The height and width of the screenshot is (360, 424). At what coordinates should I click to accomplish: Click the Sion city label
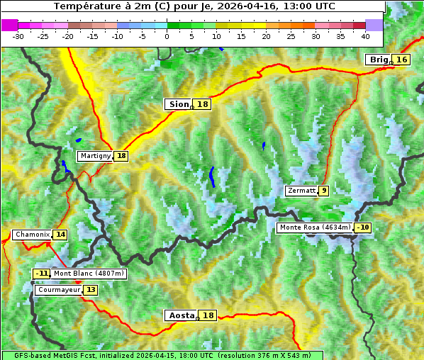pos(179,104)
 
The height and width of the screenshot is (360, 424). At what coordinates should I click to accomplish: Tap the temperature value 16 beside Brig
pos(402,60)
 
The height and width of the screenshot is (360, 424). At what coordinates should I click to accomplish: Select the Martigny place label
pos(96,156)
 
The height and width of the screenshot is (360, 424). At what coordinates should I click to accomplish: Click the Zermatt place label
pos(301,191)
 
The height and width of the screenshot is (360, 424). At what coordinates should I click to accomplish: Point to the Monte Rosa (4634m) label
pos(315,227)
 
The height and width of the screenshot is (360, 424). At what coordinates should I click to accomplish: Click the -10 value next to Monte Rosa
pos(363,227)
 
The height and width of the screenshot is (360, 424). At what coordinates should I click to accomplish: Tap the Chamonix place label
pos(32,235)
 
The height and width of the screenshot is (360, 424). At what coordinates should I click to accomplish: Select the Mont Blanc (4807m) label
pos(89,274)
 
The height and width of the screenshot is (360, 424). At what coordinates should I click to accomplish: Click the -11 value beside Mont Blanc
pos(42,274)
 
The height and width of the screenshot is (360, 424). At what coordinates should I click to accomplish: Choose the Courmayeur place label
pos(59,290)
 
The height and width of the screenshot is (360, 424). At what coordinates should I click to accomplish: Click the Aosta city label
pos(180,315)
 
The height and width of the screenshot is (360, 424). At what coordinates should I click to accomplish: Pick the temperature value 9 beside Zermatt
pos(324,191)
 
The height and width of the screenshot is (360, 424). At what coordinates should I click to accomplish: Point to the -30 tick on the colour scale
pos(18,35)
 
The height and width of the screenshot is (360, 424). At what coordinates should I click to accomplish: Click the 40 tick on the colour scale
pos(365,35)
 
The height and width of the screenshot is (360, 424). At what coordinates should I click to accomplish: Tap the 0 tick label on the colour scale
pos(167,35)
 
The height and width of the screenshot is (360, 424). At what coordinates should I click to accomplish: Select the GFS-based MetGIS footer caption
pos(162,355)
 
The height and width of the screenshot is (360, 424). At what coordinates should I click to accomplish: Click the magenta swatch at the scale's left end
pos(10,25)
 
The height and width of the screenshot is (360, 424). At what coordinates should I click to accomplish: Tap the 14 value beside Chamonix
pos(61,235)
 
